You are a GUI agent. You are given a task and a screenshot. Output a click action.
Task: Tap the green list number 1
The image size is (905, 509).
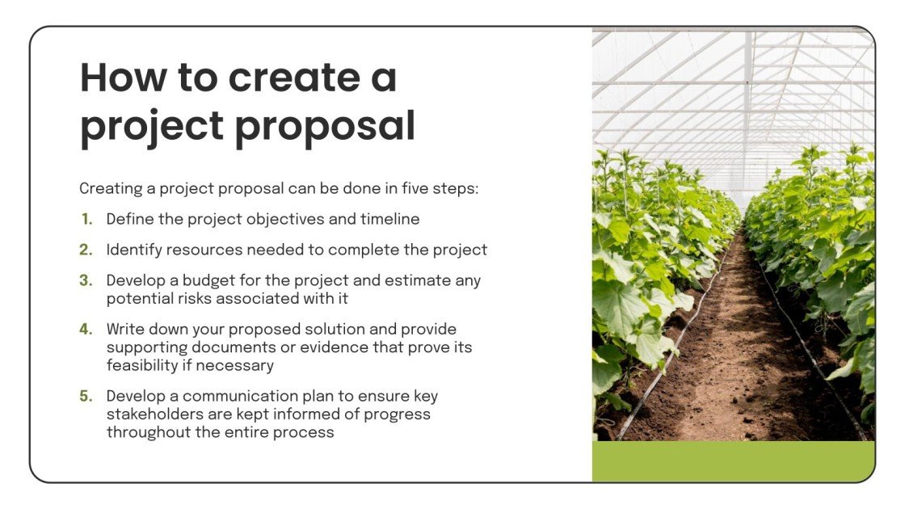(x=86, y=219)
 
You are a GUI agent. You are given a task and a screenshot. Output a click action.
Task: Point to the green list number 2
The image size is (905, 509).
(x=86, y=250)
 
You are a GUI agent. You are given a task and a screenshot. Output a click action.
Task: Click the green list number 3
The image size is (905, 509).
(x=86, y=281)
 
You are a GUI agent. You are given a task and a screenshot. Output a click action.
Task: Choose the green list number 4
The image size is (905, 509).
(x=86, y=330)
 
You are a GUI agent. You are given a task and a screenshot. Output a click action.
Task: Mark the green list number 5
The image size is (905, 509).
(x=86, y=397)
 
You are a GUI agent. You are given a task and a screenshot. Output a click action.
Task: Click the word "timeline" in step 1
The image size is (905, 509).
(x=391, y=219)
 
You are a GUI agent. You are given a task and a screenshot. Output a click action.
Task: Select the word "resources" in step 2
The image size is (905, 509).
(x=199, y=250)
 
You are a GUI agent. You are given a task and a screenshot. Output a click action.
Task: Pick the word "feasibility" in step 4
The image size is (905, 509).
(x=142, y=365)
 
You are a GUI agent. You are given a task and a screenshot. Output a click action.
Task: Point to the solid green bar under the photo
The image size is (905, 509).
(x=733, y=461)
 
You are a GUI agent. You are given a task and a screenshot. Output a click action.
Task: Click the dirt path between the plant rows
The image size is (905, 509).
(x=731, y=364)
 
